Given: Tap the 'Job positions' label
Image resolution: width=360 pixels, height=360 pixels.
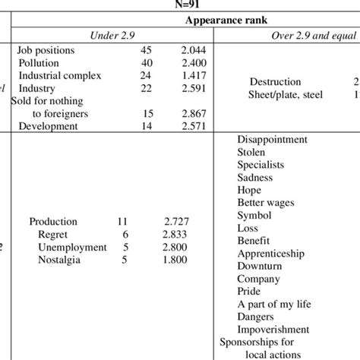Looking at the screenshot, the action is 46,50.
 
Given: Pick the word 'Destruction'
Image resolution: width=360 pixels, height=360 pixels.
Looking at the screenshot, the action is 275,82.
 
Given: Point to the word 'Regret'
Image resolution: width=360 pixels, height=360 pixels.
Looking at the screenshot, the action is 54,235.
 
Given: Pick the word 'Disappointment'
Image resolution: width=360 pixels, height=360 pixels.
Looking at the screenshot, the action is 272,140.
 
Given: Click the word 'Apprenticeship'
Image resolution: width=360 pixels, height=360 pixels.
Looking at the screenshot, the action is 270,253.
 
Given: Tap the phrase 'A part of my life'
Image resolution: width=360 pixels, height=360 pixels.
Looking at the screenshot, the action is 276,304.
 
